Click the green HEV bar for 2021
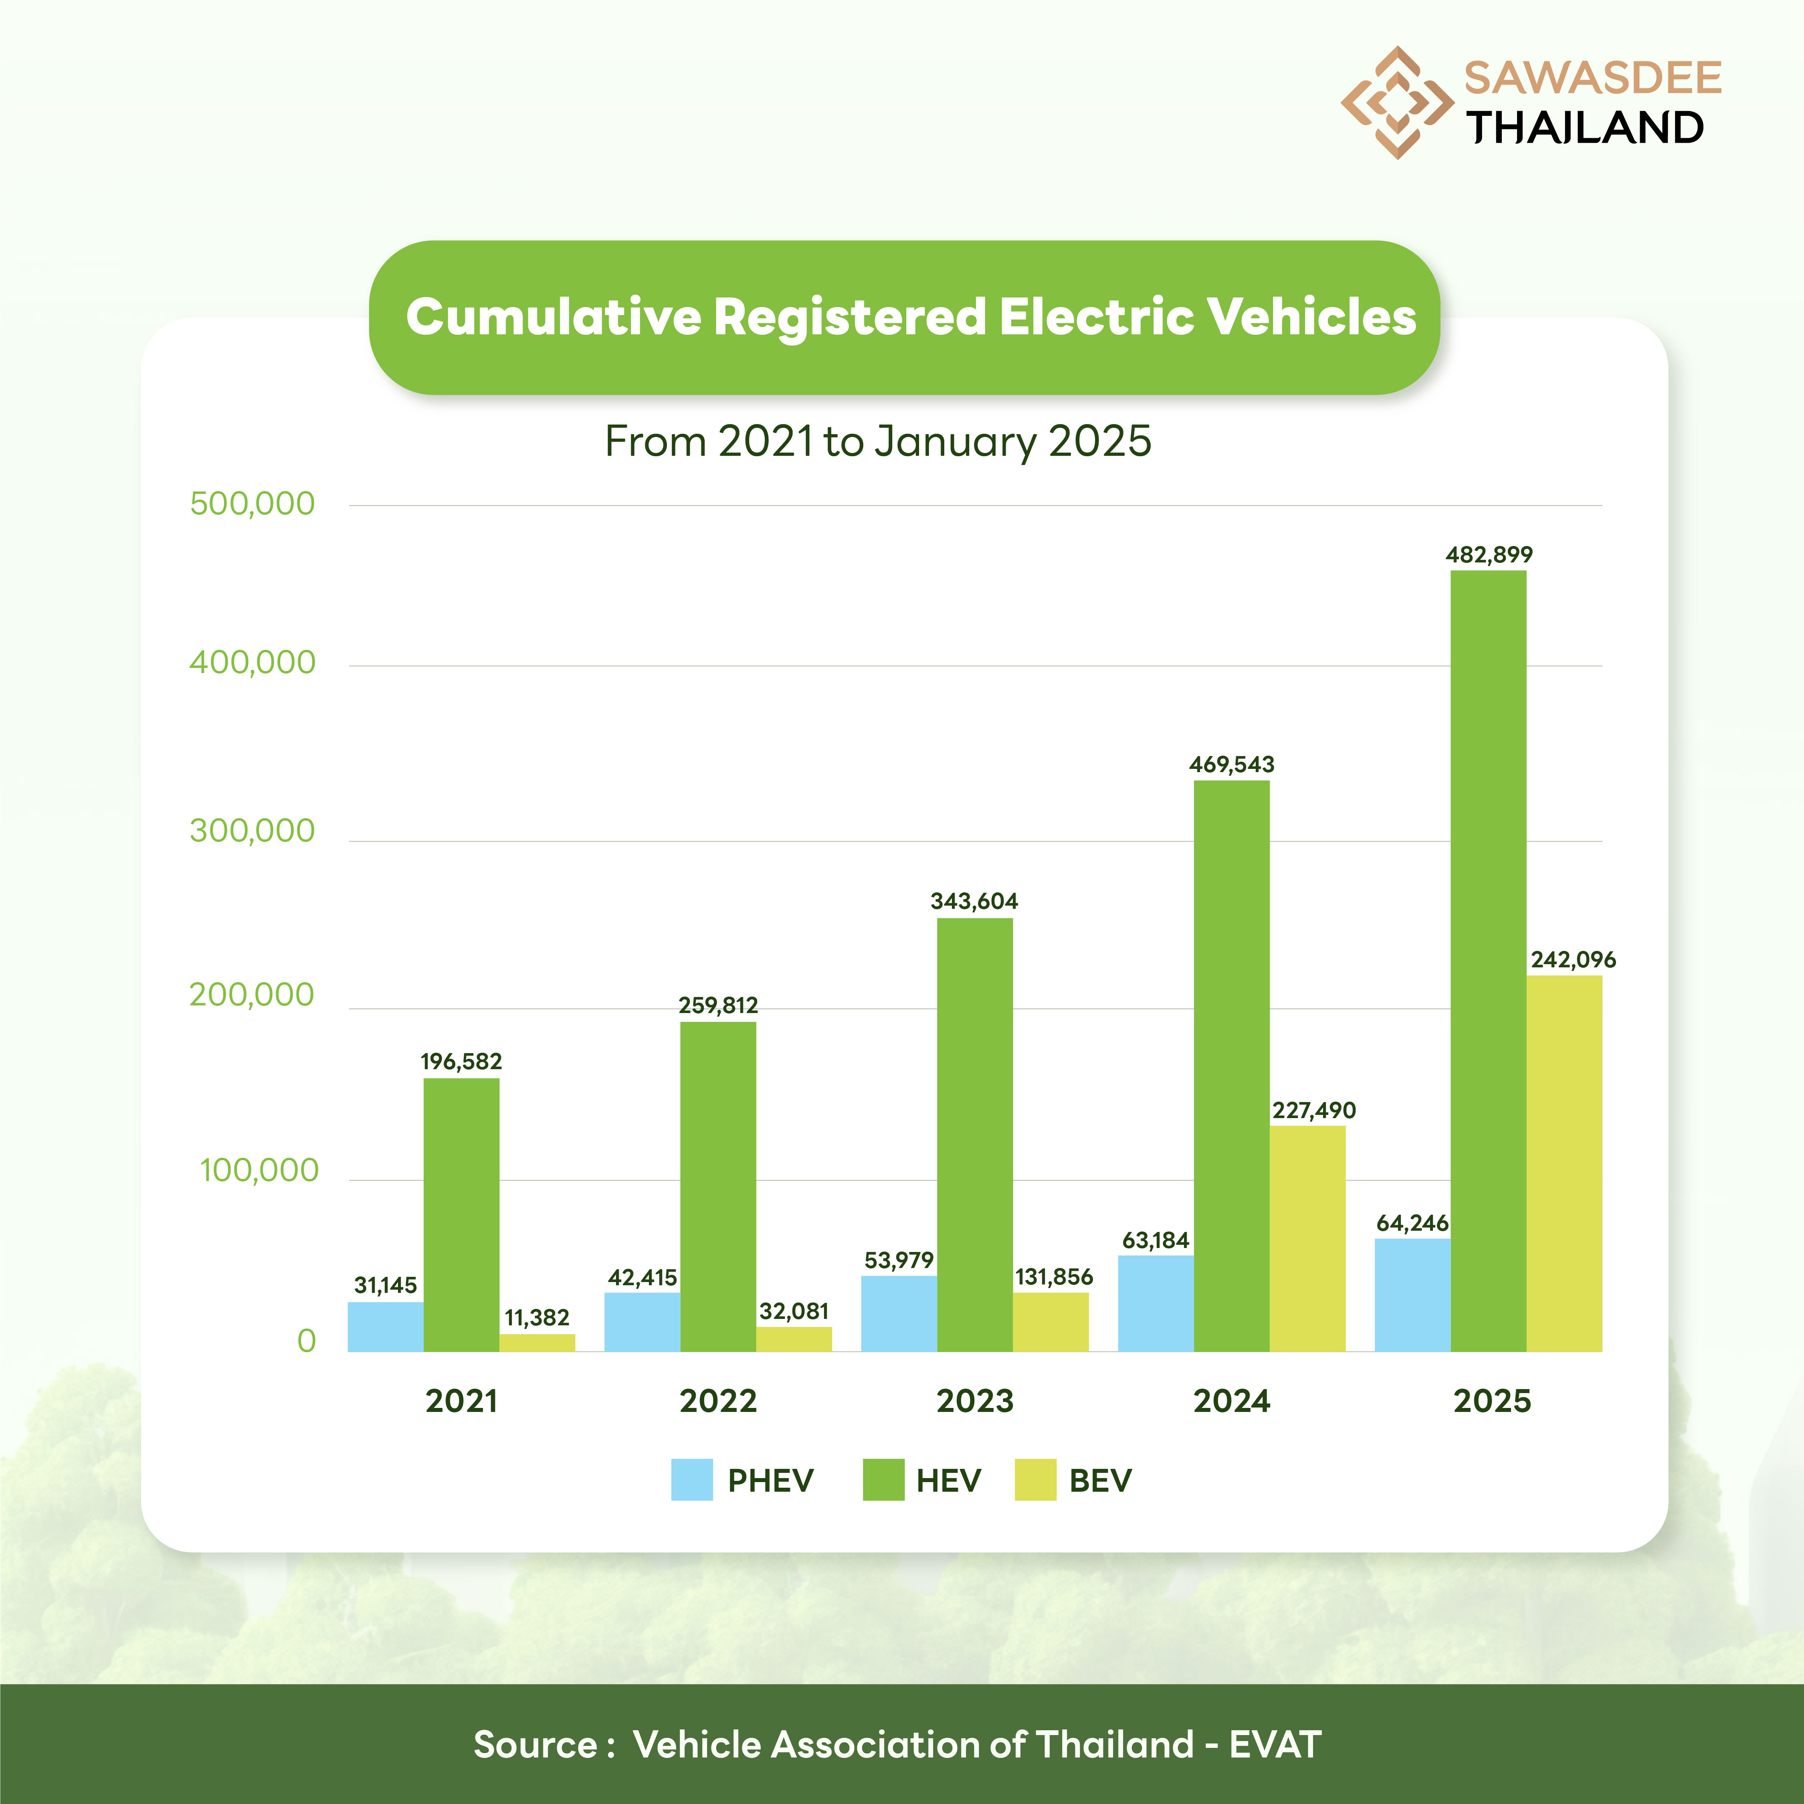point(461,1214)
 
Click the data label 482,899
point(1489,555)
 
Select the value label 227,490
point(1314,1110)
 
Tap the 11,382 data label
point(537,1317)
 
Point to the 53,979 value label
point(898,1260)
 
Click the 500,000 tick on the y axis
point(252,504)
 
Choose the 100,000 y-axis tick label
point(259,1170)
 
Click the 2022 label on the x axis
point(718,1401)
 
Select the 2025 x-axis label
point(1492,1401)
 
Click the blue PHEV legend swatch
point(692,1480)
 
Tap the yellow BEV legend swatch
point(1034,1480)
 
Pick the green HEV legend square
point(883,1480)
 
